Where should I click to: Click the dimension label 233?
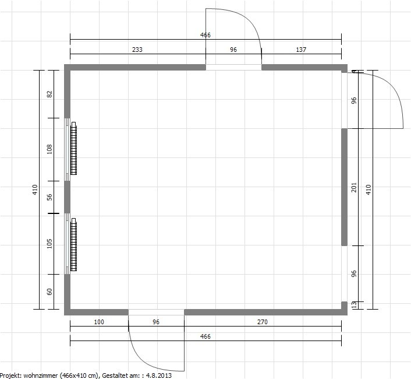(x=137, y=50)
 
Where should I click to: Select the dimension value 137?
(x=301, y=50)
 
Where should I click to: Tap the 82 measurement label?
(x=49, y=94)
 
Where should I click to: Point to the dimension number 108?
(x=49, y=149)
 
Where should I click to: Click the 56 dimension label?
(x=49, y=197)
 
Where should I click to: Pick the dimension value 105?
(x=49, y=244)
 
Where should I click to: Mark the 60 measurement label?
(x=49, y=292)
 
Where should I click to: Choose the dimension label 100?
(x=99, y=322)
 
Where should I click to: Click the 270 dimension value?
(x=263, y=322)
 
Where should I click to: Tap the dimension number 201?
(x=354, y=187)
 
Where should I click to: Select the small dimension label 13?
(x=354, y=305)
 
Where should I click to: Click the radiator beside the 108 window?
(x=74, y=148)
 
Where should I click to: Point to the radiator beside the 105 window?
(x=74, y=245)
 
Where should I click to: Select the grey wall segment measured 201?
(x=344, y=187)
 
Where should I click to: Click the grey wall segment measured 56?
(x=68, y=197)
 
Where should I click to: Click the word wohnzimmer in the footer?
(x=41, y=376)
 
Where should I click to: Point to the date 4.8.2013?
(x=159, y=376)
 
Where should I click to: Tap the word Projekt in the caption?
(x=10, y=376)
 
